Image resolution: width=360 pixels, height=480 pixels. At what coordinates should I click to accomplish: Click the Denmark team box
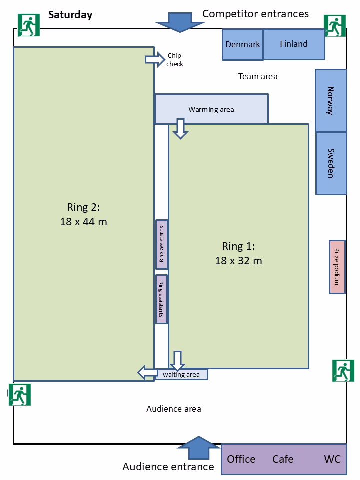pos(242,44)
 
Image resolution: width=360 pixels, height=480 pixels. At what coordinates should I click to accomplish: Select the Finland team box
pos(294,44)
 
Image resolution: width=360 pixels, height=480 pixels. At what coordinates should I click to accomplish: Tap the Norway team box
pos(330,100)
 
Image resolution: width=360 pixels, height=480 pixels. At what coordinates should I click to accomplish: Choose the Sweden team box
pos(330,163)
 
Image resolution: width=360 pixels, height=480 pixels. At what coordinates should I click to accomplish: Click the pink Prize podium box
pos(337,267)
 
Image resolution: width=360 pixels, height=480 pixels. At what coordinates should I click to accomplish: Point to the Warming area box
pos(211,109)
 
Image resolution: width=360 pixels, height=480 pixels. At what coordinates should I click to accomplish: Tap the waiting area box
pos(181,374)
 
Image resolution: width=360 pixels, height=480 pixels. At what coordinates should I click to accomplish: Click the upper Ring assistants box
pos(161,244)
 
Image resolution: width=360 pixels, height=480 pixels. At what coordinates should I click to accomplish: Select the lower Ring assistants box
pos(161,299)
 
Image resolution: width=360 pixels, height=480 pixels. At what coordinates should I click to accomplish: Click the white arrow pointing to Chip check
pos(152,59)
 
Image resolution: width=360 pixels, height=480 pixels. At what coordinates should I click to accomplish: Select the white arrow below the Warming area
pos(180,128)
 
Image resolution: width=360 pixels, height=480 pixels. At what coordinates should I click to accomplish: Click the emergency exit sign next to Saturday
pos(29,25)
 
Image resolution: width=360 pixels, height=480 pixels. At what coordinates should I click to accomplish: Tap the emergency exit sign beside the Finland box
pos(334,26)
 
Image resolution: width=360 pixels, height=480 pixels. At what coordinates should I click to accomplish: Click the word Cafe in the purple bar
pos(283,459)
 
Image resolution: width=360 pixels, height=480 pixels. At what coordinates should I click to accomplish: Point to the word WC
pos(332,459)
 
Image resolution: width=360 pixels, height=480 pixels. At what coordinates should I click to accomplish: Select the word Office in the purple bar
pos(241,459)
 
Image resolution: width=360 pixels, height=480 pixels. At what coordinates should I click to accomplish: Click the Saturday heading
pos(70,15)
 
